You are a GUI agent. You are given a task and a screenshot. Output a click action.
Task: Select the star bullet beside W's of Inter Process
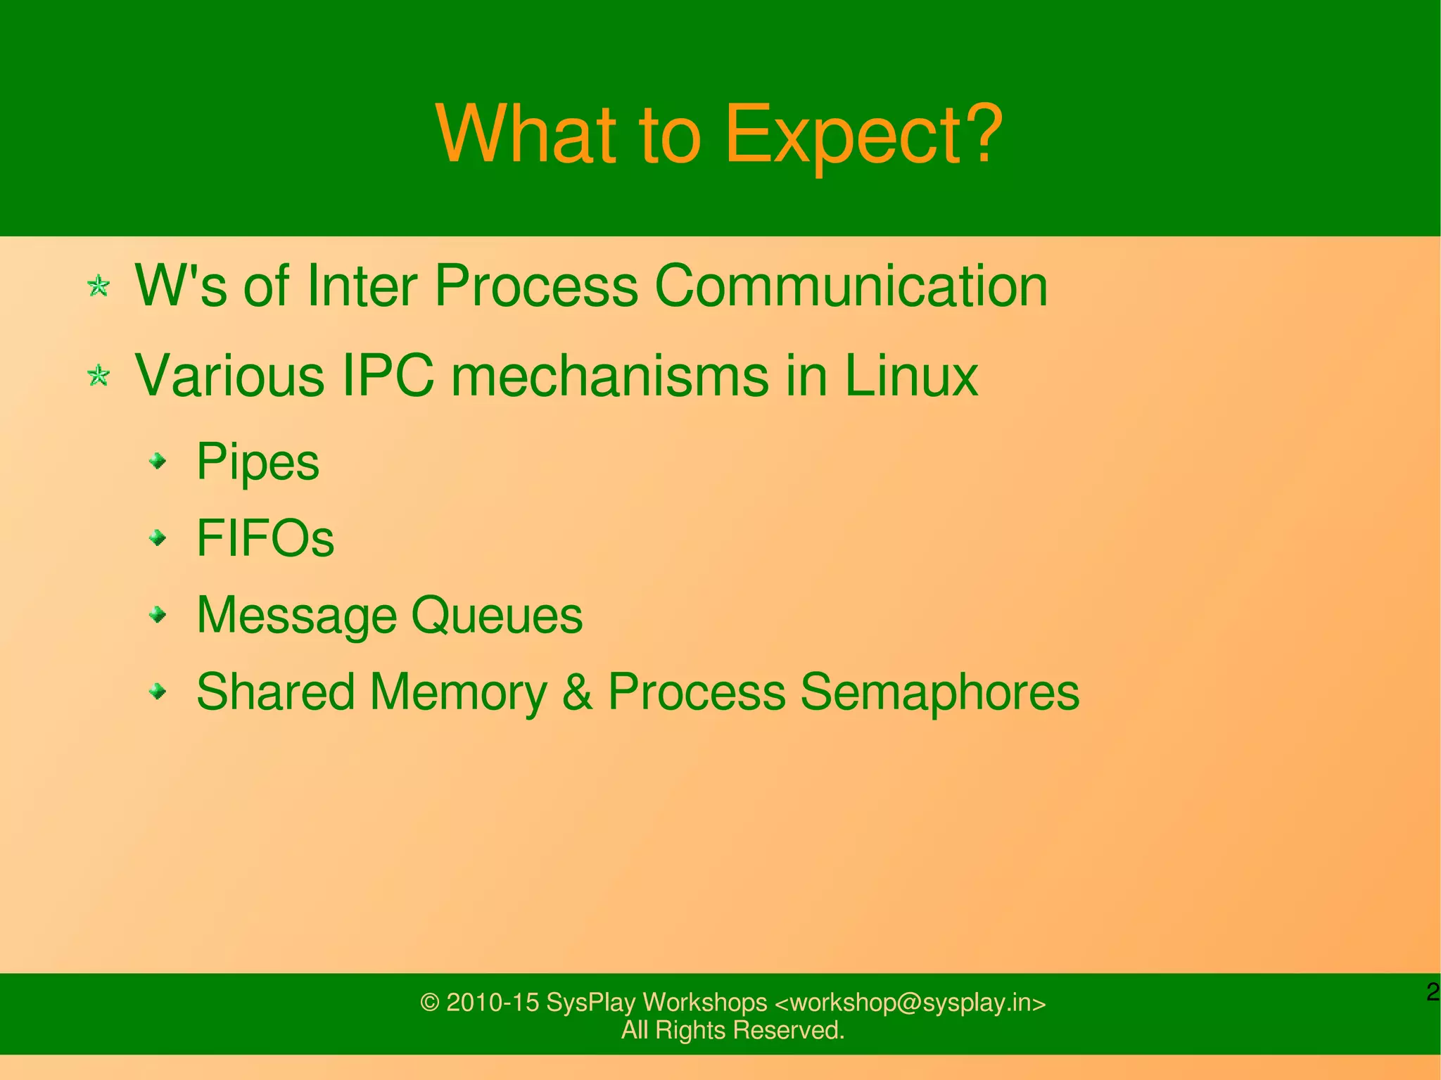pos(99,286)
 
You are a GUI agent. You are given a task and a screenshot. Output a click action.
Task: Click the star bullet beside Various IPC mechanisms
pos(99,376)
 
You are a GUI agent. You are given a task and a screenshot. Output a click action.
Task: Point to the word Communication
pos(851,286)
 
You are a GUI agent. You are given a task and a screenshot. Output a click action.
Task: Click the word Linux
pos(910,376)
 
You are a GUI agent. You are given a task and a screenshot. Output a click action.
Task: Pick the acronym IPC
pos(387,376)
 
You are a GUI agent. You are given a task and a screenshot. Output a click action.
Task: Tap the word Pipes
pos(258,462)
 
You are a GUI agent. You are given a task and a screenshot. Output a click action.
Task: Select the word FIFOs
pos(265,538)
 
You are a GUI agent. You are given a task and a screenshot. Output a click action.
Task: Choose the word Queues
pos(497,616)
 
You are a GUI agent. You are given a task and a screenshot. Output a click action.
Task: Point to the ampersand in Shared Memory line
pos(577,692)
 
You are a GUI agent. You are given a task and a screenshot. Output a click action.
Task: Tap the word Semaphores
pos(939,692)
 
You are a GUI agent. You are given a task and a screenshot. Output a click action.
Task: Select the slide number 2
pos(1433,992)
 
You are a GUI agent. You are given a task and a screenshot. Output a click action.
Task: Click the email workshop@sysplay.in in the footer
pos(910,1003)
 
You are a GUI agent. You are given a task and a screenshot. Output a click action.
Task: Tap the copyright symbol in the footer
pos(429,1003)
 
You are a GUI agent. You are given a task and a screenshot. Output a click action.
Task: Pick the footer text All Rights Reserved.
pos(732,1030)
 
